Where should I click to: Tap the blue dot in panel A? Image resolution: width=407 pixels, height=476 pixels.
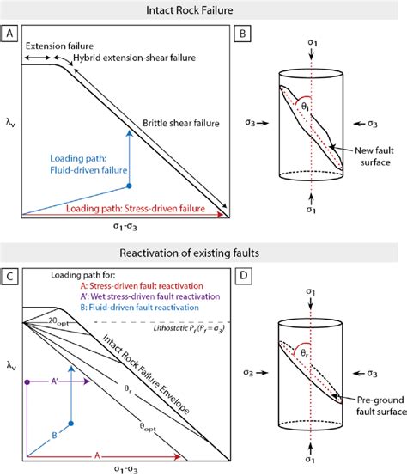coord(129,185)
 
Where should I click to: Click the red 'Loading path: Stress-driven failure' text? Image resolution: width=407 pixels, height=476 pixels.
coord(129,207)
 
